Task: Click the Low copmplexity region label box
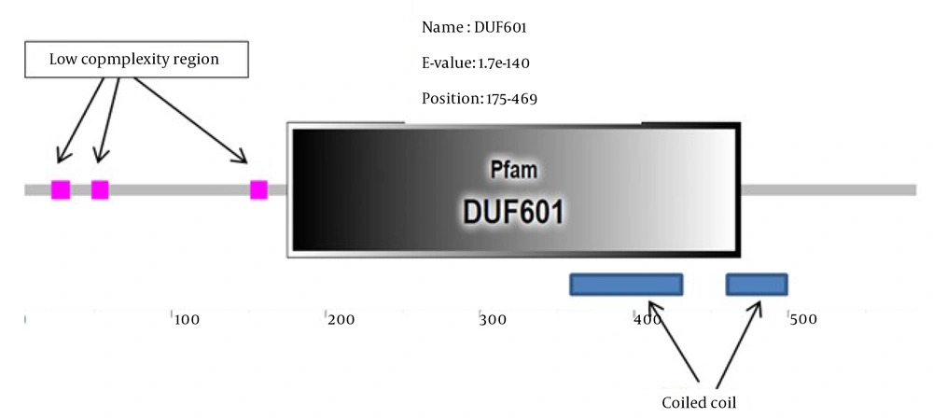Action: (x=134, y=60)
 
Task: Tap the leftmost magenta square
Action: (x=61, y=190)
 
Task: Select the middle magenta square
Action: (x=100, y=190)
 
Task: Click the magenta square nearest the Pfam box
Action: (x=259, y=190)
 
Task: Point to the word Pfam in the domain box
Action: (x=514, y=172)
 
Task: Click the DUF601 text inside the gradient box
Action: (x=513, y=212)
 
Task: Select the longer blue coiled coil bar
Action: (x=626, y=285)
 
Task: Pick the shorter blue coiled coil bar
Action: (x=757, y=285)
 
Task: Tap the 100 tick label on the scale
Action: (x=188, y=320)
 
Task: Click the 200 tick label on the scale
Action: (x=341, y=320)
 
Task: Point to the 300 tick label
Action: (x=494, y=320)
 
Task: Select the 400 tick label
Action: (x=648, y=320)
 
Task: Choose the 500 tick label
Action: (x=802, y=320)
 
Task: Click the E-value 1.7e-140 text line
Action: (x=476, y=63)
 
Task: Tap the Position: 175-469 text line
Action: (x=476, y=97)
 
